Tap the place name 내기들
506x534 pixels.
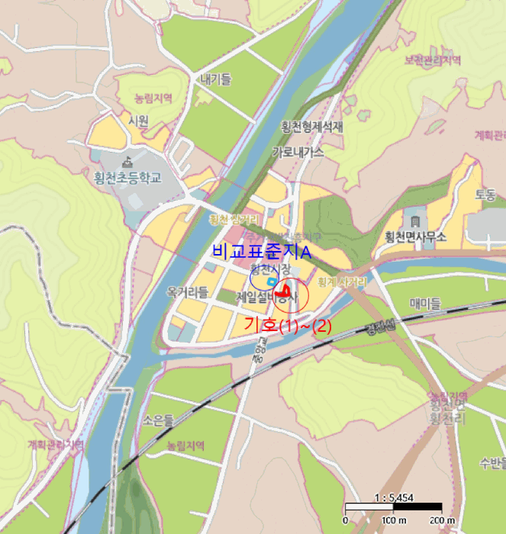coord(216,79)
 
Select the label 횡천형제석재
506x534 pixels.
coord(312,127)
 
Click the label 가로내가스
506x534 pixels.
coord(298,152)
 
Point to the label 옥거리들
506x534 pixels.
coord(188,291)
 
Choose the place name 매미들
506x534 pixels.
coord(425,304)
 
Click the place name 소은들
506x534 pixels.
coord(159,419)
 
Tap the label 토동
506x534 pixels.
coord(485,195)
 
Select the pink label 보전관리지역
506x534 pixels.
coord(433,60)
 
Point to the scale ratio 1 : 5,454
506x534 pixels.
coord(393,497)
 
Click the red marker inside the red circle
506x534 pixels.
coord(285,291)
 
